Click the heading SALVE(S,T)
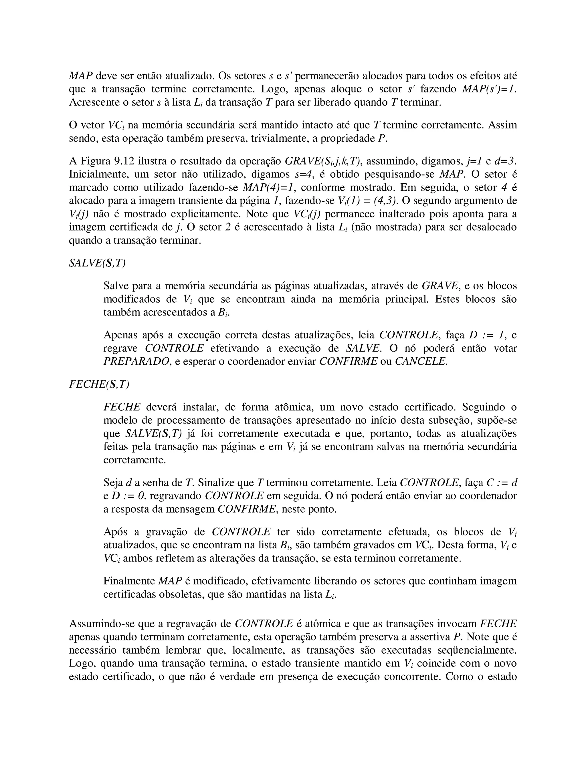(x=97, y=263)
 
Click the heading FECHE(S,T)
(x=99, y=384)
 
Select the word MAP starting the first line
(x=80, y=76)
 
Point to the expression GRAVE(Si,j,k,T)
(x=322, y=161)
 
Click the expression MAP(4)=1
(x=268, y=188)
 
